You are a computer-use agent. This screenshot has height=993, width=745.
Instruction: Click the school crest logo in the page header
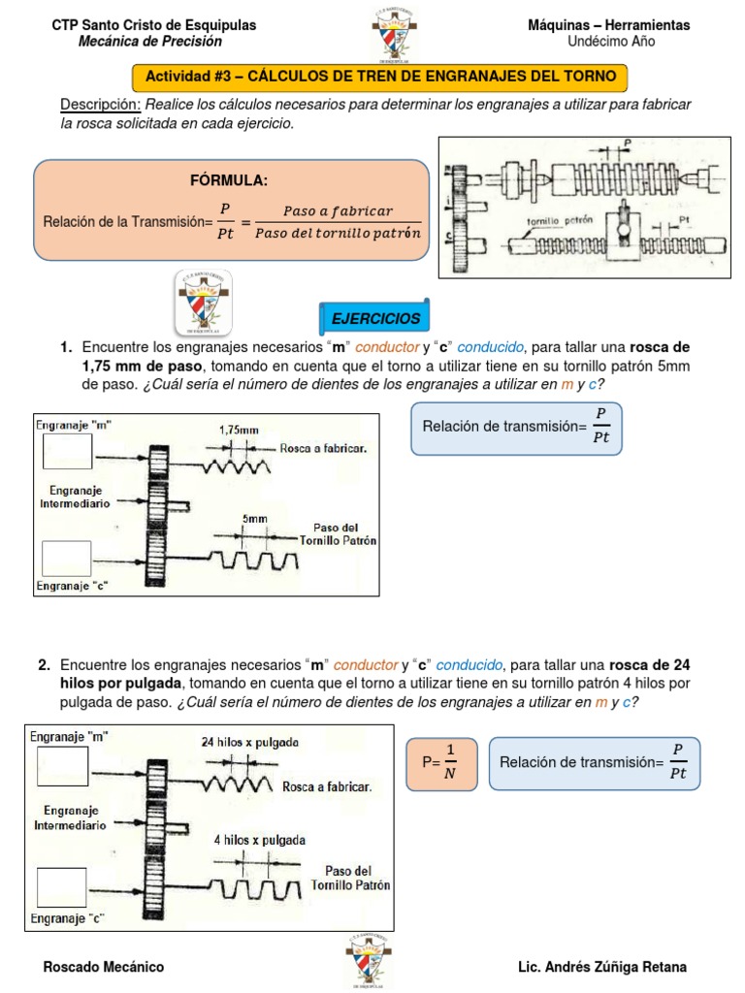396,37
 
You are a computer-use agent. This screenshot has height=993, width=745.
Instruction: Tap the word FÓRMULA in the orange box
230,180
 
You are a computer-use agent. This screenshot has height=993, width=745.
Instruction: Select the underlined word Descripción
101,105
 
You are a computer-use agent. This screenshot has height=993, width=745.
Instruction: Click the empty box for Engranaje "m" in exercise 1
68,451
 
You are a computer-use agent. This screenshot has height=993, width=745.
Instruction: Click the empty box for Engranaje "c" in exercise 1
68,559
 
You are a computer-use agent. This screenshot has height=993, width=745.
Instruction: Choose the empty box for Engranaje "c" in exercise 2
63,888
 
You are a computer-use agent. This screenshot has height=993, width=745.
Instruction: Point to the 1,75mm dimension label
239,429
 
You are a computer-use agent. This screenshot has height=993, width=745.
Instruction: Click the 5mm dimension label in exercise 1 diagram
256,519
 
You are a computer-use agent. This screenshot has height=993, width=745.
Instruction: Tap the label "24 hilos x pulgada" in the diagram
250,742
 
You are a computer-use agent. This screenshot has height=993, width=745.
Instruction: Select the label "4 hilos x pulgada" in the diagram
260,840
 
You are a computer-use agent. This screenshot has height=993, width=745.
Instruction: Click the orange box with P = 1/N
437,762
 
